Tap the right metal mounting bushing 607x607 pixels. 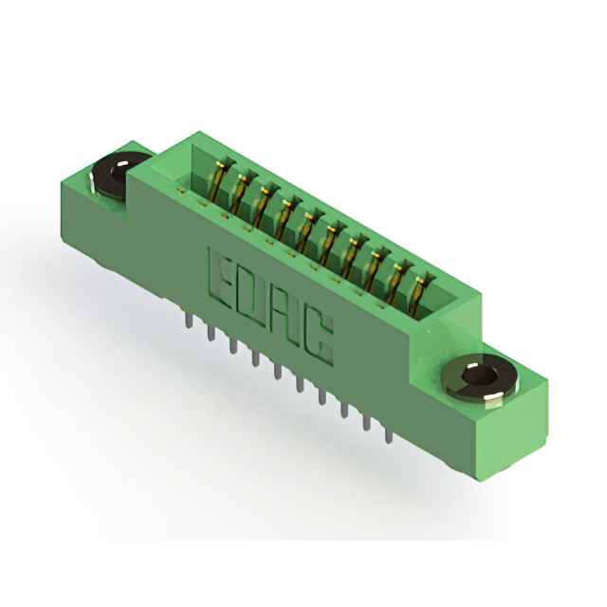(x=479, y=378)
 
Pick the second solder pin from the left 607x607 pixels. (x=212, y=332)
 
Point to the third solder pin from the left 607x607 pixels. (x=232, y=344)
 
